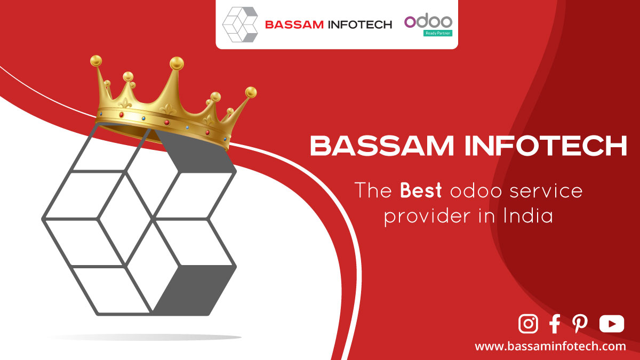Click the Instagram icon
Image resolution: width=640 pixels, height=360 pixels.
click(x=528, y=324)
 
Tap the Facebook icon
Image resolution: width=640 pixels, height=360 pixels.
click(x=555, y=324)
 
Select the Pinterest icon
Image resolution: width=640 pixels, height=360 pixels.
click(x=580, y=324)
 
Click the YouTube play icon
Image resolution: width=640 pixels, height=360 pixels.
click(x=611, y=324)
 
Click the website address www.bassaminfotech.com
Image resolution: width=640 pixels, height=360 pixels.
click(x=550, y=346)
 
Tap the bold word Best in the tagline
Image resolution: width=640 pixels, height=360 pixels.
click(x=421, y=190)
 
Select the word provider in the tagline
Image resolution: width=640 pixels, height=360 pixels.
click(x=427, y=217)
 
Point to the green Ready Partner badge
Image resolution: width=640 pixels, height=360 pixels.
click(x=438, y=33)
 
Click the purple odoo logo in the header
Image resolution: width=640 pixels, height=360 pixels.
click(x=428, y=21)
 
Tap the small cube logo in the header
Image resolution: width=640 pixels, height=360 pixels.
click(x=240, y=25)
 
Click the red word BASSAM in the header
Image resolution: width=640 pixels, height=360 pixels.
click(x=294, y=25)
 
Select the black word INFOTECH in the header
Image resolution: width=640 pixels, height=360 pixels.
click(x=360, y=25)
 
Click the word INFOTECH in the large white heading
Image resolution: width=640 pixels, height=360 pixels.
click(x=546, y=146)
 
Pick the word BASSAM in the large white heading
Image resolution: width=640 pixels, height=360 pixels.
click(x=382, y=146)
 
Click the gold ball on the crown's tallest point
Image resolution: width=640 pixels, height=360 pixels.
click(x=177, y=63)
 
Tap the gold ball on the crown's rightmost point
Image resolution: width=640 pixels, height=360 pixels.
click(x=251, y=92)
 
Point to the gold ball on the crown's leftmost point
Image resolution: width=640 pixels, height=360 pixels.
click(x=96, y=61)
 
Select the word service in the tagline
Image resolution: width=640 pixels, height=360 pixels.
click(x=546, y=191)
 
